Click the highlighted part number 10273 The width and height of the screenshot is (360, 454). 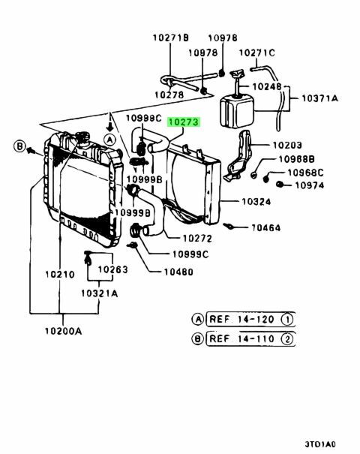point(184,122)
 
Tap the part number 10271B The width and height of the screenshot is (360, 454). point(171,38)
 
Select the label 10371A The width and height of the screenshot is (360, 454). point(319,98)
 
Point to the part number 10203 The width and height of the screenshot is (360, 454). point(287,145)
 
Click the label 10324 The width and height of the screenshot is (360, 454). point(256,202)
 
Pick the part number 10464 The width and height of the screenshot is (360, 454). point(266,228)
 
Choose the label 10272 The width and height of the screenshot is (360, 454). point(197,239)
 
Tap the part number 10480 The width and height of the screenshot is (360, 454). point(178,272)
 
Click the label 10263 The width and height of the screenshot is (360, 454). point(112,269)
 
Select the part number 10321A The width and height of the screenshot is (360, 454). point(100,293)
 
